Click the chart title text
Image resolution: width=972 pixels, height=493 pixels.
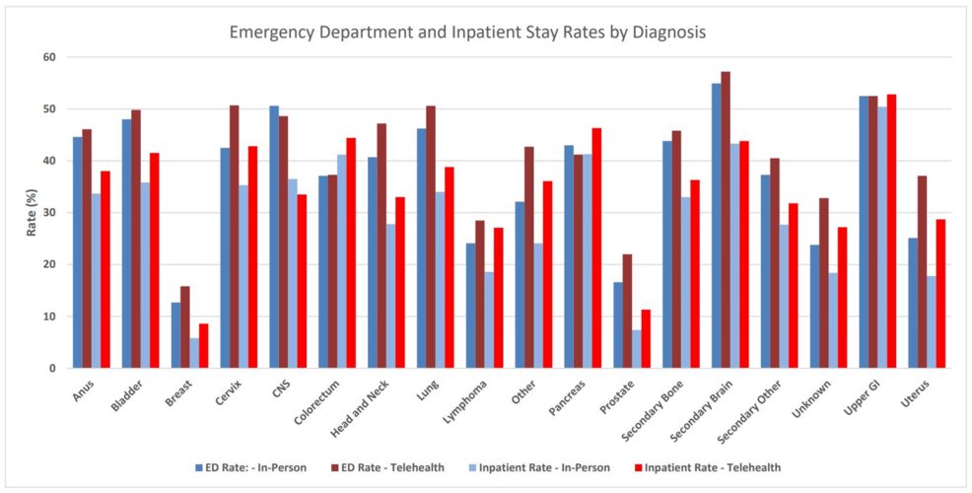(467, 32)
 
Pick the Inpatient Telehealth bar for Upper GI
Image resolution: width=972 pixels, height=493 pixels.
(891, 232)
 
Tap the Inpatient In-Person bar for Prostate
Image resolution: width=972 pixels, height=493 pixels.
(637, 349)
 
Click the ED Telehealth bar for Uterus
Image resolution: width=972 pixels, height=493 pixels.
(922, 272)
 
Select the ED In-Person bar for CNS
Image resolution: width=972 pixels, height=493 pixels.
(274, 237)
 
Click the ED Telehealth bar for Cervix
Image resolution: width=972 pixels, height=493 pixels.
(235, 237)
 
